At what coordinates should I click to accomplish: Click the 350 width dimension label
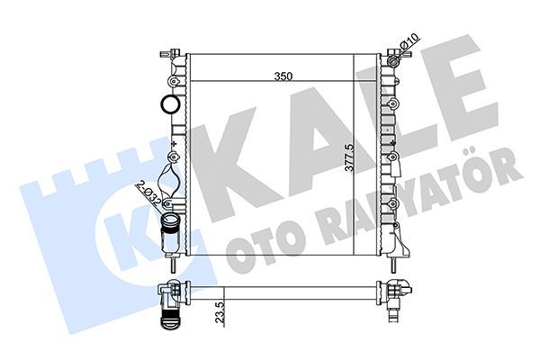pyautogui.click(x=283, y=76)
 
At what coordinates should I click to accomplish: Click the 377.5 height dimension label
pyautogui.click(x=349, y=158)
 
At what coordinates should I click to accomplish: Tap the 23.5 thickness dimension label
pyautogui.click(x=220, y=312)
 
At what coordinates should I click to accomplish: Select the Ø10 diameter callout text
pyautogui.click(x=409, y=41)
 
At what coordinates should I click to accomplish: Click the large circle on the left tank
pyautogui.click(x=170, y=104)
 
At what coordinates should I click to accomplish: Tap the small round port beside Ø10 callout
pyautogui.click(x=393, y=62)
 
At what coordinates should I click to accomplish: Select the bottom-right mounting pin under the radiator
pyautogui.click(x=392, y=265)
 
